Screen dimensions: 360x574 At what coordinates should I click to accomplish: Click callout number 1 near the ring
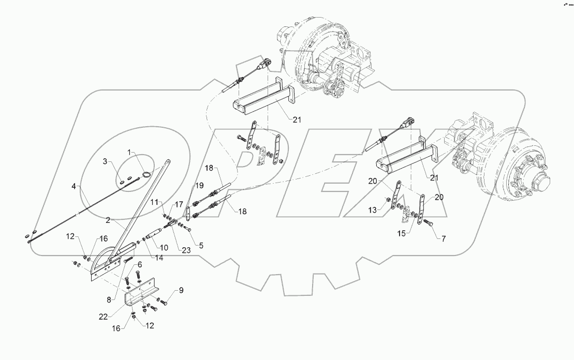[131, 153]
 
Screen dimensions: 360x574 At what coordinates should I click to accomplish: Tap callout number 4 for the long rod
[74, 185]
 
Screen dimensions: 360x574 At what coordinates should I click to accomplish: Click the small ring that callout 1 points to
[146, 174]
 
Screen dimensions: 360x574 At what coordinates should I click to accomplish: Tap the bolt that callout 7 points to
[428, 223]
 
